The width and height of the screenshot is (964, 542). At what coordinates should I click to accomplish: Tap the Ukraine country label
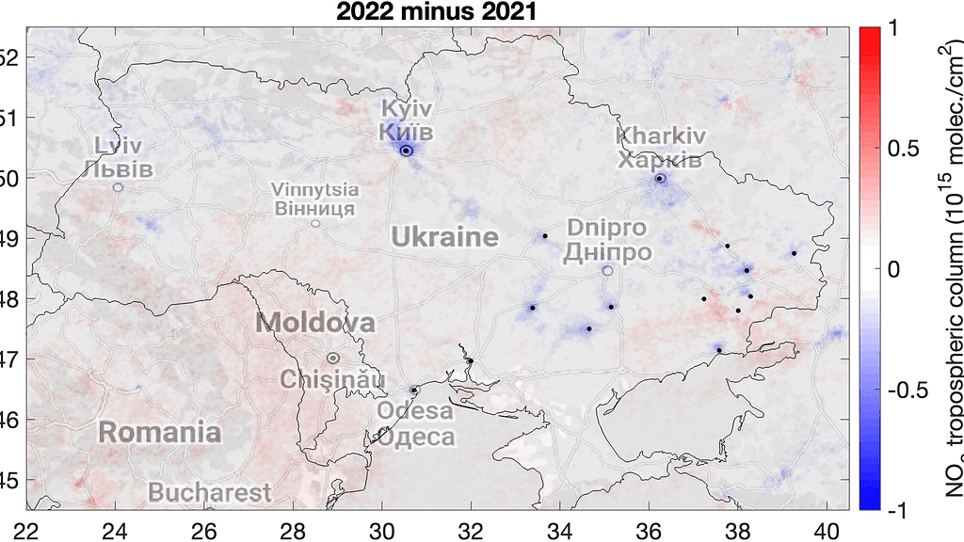pos(444,236)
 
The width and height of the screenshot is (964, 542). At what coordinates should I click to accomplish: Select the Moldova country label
pos(315,324)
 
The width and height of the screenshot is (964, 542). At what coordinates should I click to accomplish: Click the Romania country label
pos(160,433)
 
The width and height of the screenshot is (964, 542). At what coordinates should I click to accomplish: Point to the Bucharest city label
pos(209,492)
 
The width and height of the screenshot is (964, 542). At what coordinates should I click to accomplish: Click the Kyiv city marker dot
pos(406,151)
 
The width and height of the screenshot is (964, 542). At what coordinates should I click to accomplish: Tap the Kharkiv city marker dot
pos(660,178)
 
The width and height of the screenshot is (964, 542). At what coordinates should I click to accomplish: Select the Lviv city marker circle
pos(118,187)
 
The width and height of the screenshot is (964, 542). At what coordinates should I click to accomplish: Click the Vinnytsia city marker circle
pos(315,223)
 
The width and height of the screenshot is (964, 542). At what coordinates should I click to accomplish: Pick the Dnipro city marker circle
pos(607,271)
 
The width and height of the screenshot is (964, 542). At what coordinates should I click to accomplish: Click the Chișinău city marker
pos(332,358)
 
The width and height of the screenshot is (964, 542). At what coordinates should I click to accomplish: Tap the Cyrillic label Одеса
pos(416,438)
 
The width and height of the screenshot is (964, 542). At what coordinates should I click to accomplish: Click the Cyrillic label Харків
pos(659,159)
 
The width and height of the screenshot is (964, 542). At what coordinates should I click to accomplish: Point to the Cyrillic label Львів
pos(117,169)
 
